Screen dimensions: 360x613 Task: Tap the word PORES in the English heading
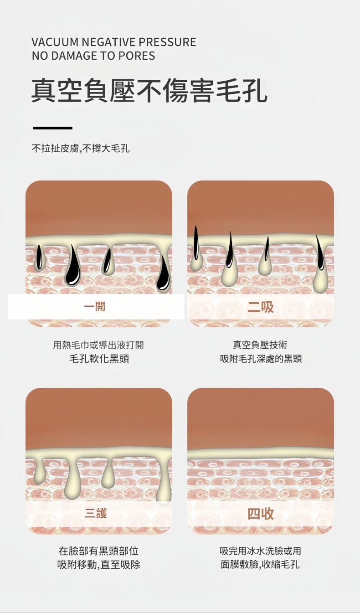[137, 56]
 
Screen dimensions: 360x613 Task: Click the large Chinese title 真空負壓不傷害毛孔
[149, 91]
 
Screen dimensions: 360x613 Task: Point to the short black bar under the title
[53, 128]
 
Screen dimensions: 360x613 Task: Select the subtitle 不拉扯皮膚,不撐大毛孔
[81, 149]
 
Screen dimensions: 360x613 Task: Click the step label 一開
[95, 306]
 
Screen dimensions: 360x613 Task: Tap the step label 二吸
[260, 307]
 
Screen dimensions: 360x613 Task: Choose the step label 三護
[96, 513]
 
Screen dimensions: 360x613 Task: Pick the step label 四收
[260, 513]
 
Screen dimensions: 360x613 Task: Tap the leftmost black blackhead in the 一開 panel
[39, 257]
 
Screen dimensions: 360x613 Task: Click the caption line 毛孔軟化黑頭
[99, 359]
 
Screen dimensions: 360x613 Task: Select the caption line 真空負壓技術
[260, 345]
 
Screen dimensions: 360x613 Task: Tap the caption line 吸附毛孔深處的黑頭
[261, 359]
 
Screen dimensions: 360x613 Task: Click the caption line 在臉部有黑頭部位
[98, 551]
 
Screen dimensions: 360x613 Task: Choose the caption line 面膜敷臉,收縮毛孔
[260, 564]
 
